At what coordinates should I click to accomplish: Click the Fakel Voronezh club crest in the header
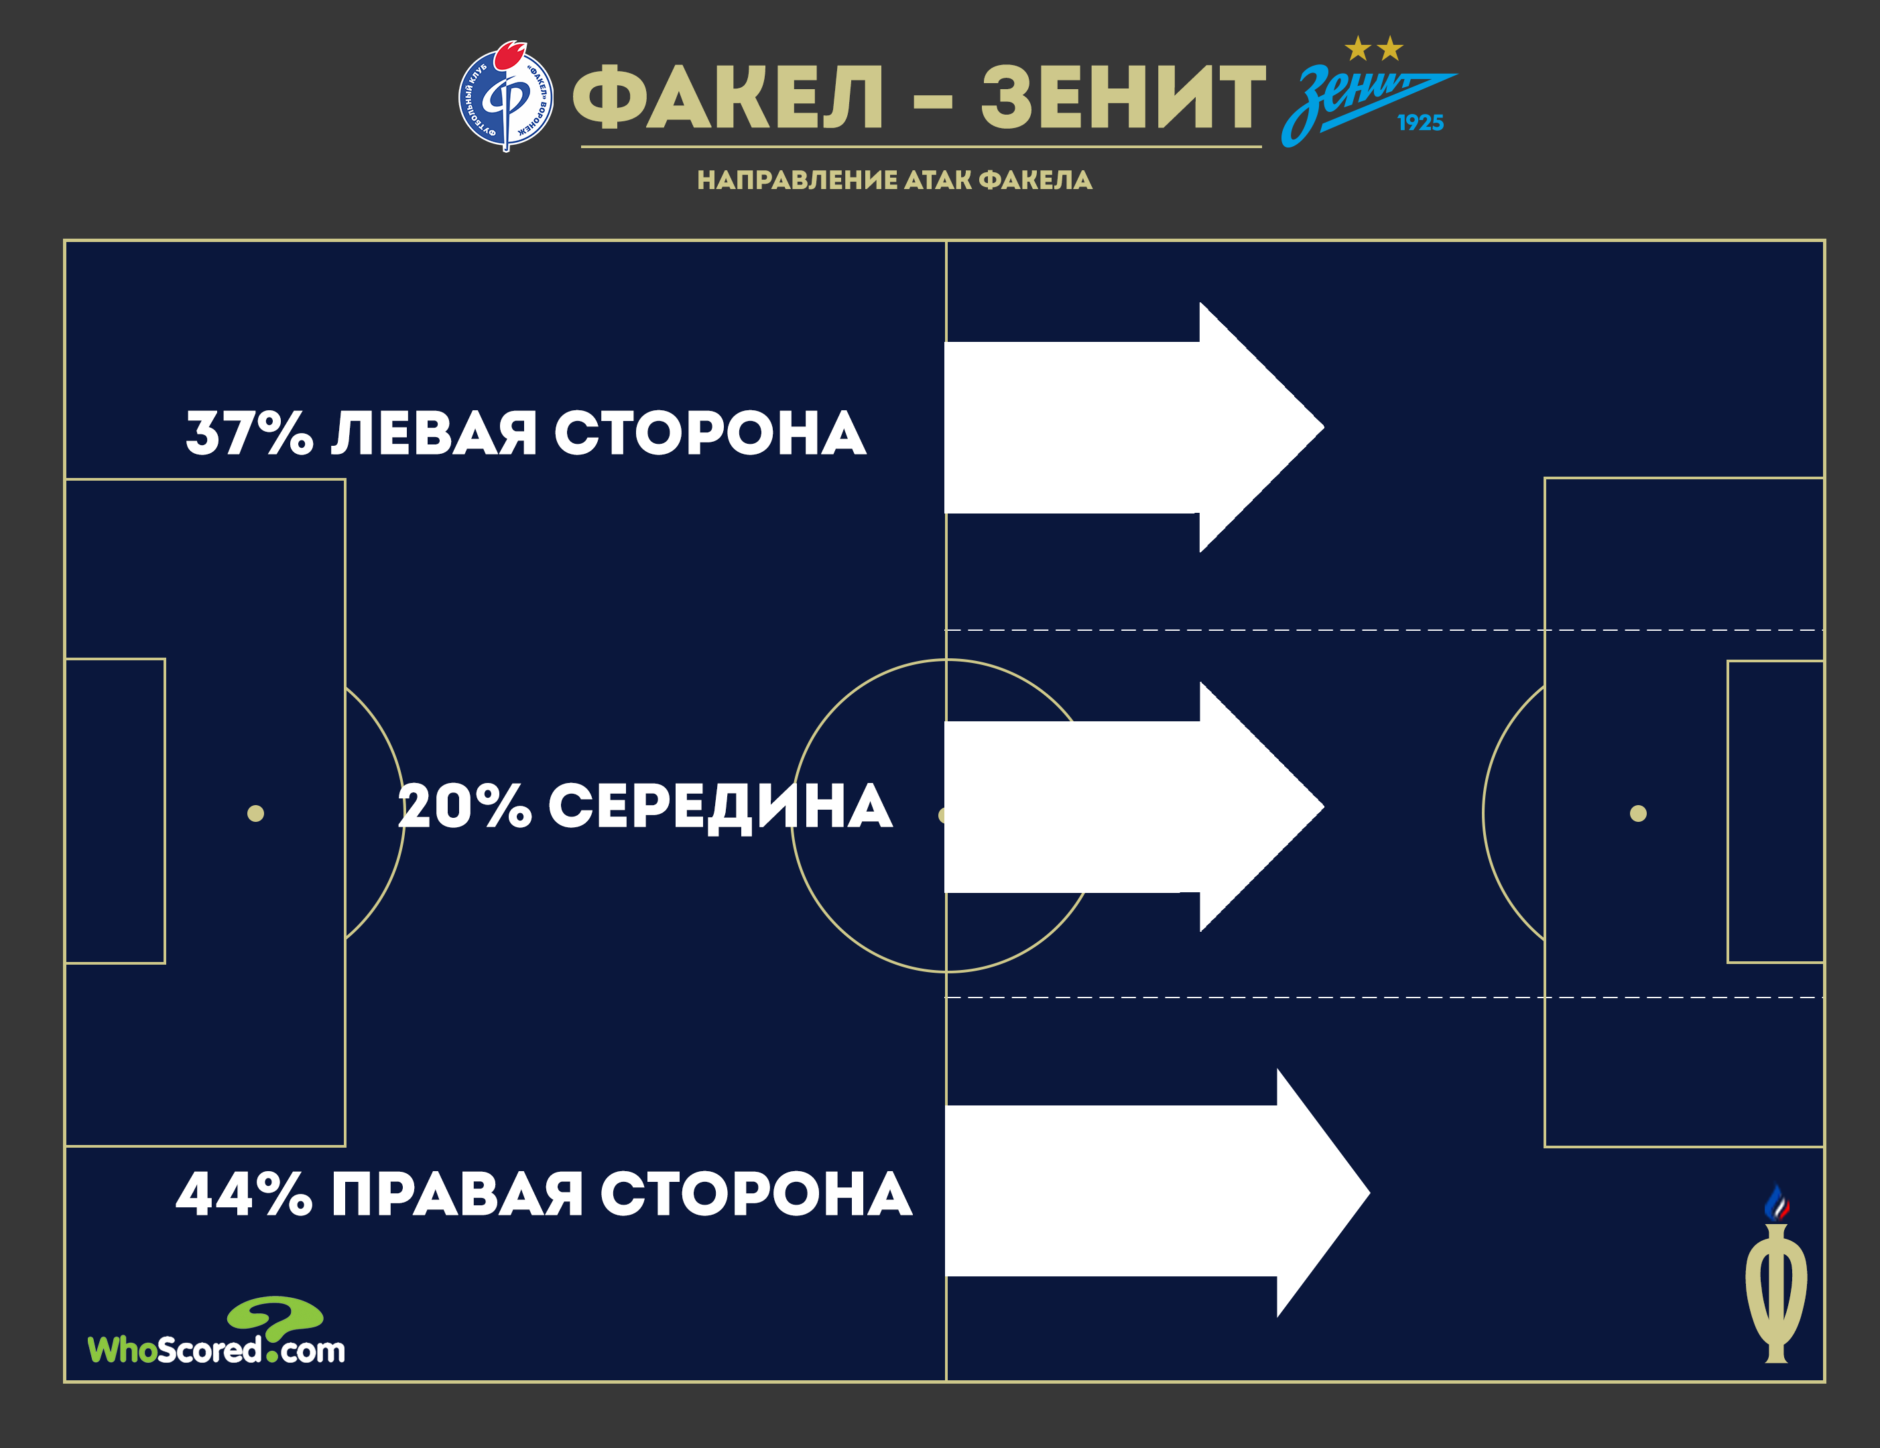click(506, 96)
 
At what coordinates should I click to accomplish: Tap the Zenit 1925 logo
click(1368, 93)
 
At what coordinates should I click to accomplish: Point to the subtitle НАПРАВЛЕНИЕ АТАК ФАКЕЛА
click(894, 180)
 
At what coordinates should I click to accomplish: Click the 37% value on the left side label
click(249, 432)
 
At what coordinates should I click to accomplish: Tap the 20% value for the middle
click(465, 806)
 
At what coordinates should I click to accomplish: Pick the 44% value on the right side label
click(245, 1194)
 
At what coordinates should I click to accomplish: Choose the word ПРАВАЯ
click(457, 1194)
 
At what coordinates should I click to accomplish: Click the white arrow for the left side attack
click(1133, 427)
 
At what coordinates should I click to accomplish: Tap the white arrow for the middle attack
click(1133, 806)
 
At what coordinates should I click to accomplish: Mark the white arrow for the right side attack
click(1157, 1193)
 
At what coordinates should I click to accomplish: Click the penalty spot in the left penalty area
click(255, 814)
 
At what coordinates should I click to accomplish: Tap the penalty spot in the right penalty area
click(1638, 814)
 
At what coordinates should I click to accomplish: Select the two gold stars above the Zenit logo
click(1374, 49)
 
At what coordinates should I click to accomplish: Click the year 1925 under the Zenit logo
click(1420, 123)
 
